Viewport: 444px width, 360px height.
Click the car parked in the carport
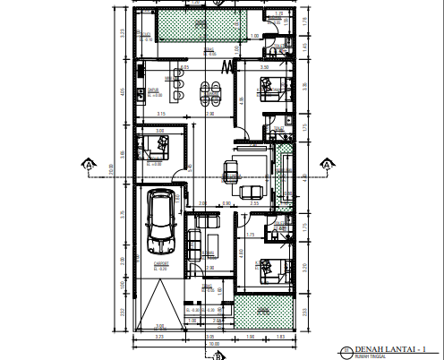[x=161, y=221]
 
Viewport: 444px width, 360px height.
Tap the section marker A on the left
[x=88, y=164]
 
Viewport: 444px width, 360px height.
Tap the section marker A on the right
[x=328, y=164]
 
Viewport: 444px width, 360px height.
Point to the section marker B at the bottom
[x=217, y=355]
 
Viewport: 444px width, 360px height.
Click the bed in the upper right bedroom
[x=268, y=88]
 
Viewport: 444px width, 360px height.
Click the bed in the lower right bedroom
[x=268, y=270]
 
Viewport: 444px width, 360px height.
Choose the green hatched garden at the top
[x=199, y=26]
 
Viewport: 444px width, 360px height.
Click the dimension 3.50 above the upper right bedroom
[x=264, y=67]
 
